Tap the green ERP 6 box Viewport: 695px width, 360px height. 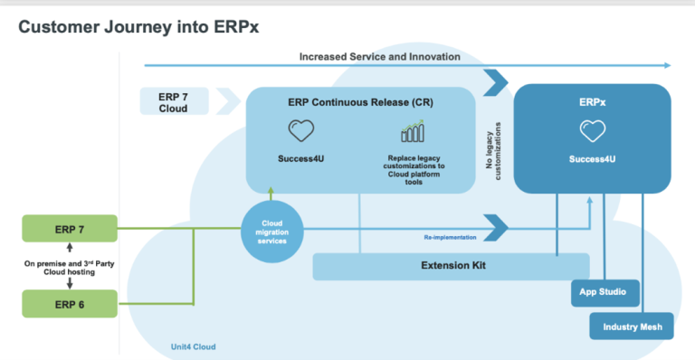pos(69,303)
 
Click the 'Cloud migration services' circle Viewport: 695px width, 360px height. pos(271,232)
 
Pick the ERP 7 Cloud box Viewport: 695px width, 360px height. pos(175,101)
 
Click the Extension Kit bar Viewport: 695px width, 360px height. pos(450,267)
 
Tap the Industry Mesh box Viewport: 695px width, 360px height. pos(631,326)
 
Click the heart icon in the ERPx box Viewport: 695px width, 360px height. pos(593,132)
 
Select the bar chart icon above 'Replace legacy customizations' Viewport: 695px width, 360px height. pos(414,132)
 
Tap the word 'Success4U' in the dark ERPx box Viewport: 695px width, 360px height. pos(593,159)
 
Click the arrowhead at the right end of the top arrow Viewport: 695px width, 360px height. pos(667,65)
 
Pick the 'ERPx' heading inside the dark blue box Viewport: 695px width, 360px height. pos(593,103)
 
